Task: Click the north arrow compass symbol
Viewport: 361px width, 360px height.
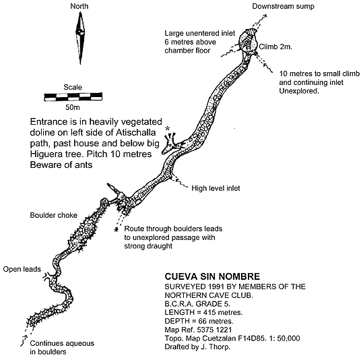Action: coord(80,38)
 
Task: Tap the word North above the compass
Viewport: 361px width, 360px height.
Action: coord(79,6)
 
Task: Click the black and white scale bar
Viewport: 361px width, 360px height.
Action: coord(73,97)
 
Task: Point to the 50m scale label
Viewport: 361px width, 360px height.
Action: coord(73,107)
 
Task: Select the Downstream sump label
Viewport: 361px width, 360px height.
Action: coord(283,7)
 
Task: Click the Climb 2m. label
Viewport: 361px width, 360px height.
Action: coord(275,47)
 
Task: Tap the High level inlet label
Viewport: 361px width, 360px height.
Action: coord(216,188)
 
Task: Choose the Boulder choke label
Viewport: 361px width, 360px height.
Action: coord(54,215)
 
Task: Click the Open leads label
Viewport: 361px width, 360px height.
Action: coord(22,270)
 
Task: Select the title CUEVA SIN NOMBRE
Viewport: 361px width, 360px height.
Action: coord(212,276)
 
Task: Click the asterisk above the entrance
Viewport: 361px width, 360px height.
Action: coord(168,129)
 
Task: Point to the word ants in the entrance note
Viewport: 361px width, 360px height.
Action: coord(83,165)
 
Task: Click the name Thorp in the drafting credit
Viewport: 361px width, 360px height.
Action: coord(222,347)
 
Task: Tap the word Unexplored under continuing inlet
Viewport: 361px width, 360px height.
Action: coord(299,91)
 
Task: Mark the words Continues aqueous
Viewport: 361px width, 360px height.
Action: coord(62,343)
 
